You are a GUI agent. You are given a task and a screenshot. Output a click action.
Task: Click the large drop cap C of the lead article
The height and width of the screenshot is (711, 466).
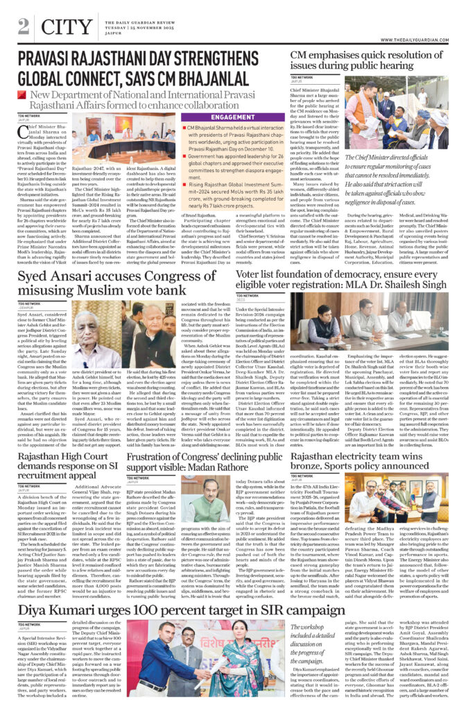(x=25, y=134)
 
